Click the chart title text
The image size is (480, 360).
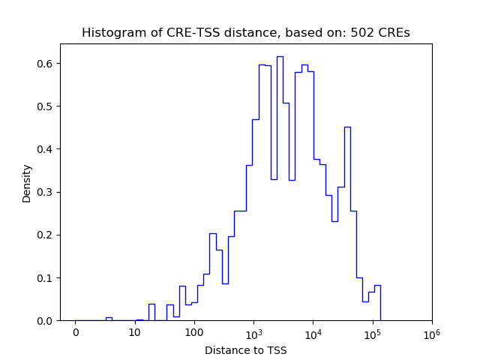tap(245, 33)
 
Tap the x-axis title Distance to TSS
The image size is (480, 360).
tap(245, 349)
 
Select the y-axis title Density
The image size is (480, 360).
tap(27, 183)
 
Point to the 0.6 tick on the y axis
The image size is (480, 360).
tap(46, 63)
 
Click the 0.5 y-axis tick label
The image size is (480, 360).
tap(46, 106)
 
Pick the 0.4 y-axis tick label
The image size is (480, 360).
tap(46, 148)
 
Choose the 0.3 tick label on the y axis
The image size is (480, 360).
tap(46, 192)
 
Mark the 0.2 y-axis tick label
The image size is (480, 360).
tap(46, 235)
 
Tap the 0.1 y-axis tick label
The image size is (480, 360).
tap(46, 277)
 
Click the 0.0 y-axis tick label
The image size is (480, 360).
tap(46, 321)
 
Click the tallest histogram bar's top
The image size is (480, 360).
tap(280, 56)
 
